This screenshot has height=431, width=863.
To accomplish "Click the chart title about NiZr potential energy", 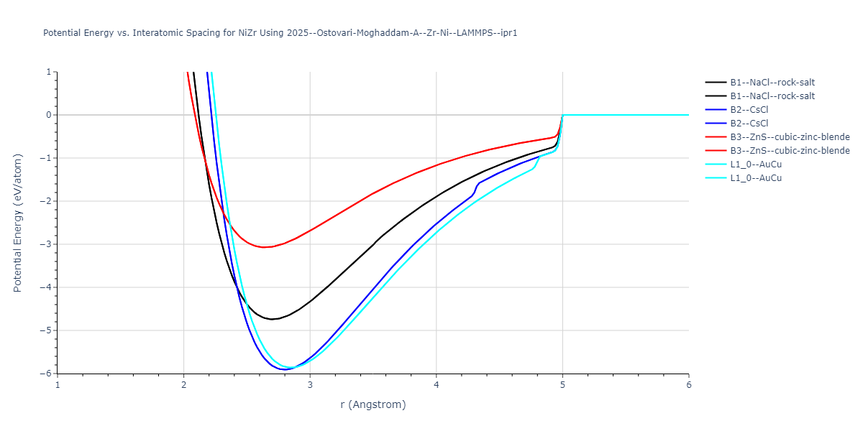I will pos(280,33).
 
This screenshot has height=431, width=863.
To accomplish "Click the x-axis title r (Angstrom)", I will pos(373,404).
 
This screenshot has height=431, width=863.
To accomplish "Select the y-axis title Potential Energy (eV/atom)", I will pos(18,223).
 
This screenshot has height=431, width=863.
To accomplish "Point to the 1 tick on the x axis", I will pos(58,385).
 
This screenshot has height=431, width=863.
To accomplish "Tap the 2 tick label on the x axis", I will pos(184,385).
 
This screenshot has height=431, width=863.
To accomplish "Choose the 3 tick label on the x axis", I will pos(310,385).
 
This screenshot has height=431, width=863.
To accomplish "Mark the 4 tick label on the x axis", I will pos(437,385).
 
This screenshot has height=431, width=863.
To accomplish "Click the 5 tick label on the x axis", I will pos(562,385).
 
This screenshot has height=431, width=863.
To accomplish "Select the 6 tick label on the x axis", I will pos(688,385).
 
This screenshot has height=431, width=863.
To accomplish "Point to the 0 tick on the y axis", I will pos(48,115).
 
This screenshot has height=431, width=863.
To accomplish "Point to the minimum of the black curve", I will pos(273,319).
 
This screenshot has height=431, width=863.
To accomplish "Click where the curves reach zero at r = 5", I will pos(562,115).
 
